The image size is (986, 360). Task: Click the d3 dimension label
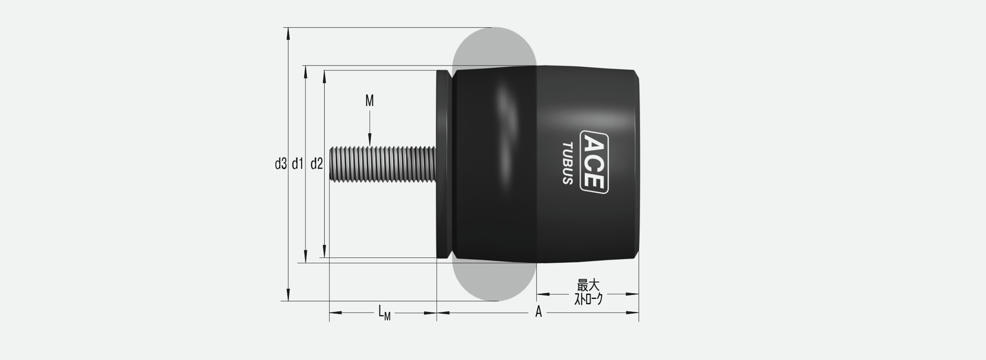(x=281, y=164)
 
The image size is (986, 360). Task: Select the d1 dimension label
(x=297, y=164)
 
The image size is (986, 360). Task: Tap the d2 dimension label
(x=317, y=164)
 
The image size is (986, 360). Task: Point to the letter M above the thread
(x=370, y=101)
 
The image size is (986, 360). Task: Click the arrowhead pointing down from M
(x=370, y=139)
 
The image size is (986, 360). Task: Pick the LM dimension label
(x=384, y=312)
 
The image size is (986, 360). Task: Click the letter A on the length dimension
(x=538, y=312)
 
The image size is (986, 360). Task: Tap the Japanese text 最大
(x=588, y=286)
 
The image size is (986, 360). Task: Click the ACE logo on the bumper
(x=594, y=162)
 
